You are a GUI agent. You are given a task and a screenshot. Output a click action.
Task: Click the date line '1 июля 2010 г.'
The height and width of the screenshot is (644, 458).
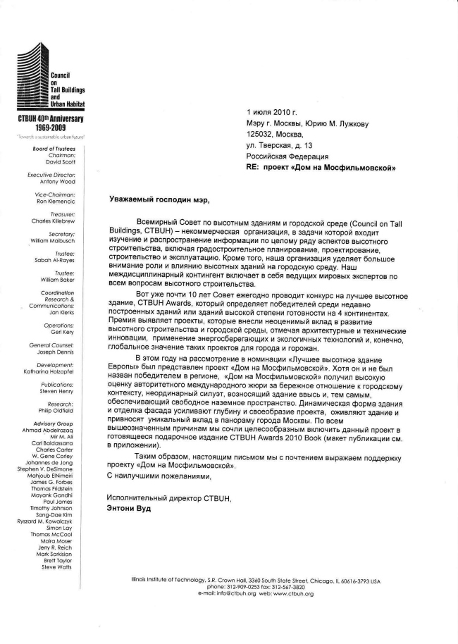pyautogui.click(x=272, y=111)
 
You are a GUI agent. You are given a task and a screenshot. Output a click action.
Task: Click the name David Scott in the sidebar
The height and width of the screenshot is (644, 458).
pyautogui.click(x=60, y=161)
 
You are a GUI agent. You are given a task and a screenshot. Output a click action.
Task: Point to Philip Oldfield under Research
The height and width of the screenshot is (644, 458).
pyautogui.click(x=57, y=410)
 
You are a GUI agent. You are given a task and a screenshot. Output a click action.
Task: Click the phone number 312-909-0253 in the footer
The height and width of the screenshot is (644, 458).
pyautogui.click(x=243, y=587)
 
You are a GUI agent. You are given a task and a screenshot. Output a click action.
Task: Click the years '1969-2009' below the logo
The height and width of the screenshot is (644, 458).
pyautogui.click(x=45, y=128)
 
